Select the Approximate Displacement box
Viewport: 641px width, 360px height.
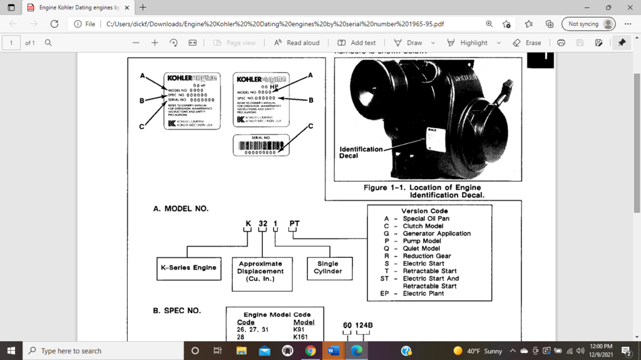tap(260, 271)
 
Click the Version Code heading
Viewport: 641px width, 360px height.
tap(424, 211)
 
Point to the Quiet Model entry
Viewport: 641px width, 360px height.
tap(421, 249)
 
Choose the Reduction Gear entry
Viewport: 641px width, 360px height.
tap(426, 256)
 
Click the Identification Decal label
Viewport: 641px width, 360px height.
tap(361, 152)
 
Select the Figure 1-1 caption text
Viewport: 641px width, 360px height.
tap(423, 191)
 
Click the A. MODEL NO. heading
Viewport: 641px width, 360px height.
tap(181, 208)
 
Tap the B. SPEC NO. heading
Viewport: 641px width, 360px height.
tap(177, 311)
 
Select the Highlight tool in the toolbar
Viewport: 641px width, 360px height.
tap(468, 43)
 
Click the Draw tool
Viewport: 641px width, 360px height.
tap(408, 43)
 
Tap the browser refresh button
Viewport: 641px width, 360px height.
tap(54, 24)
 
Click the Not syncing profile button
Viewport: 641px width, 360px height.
tap(588, 24)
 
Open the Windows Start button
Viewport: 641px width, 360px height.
tap(11, 351)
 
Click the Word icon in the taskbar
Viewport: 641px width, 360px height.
tap(332, 351)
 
